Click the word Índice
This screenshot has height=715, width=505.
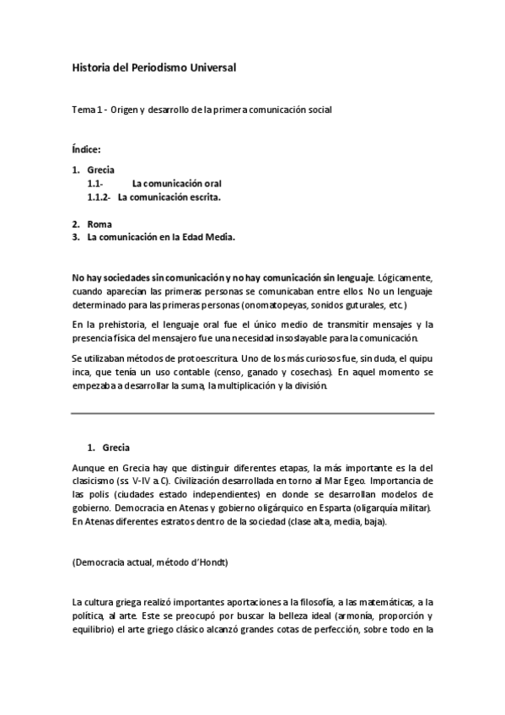pyautogui.click(x=87, y=150)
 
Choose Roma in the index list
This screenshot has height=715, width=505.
pyautogui.click(x=99, y=224)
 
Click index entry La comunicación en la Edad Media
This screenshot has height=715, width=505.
pyautogui.click(x=161, y=238)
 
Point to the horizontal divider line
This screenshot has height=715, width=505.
pyautogui.click(x=253, y=414)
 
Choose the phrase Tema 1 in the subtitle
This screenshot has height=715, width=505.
pyautogui.click(x=88, y=110)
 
